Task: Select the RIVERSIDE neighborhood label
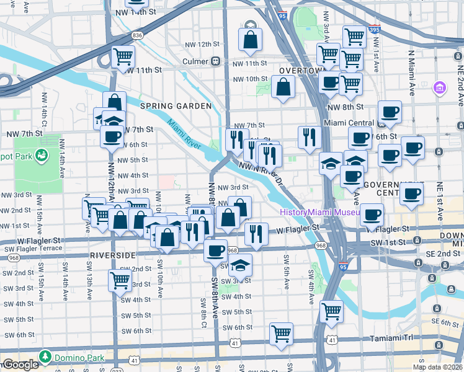[114, 255]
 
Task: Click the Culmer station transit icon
[215, 61]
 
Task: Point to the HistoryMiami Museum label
[319, 212]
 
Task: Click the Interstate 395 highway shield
[374, 29]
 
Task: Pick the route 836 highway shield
[137, 35]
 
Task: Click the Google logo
[20, 365]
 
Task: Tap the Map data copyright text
[437, 366]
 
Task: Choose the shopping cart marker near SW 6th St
[281, 333]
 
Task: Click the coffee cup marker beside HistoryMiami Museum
[372, 215]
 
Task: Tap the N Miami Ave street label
[411, 73]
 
